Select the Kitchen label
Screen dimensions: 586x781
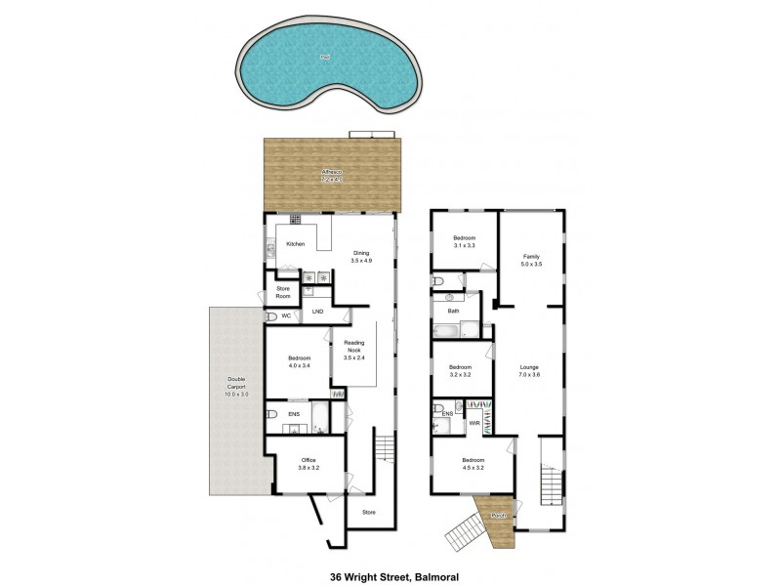(x=296, y=243)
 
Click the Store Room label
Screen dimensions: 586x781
(x=284, y=291)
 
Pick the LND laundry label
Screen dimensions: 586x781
(x=317, y=313)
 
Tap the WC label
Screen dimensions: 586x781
(x=286, y=316)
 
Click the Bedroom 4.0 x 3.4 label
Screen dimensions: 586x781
(x=298, y=361)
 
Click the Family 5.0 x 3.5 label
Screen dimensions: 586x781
(x=530, y=259)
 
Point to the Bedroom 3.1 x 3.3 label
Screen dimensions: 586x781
(x=464, y=242)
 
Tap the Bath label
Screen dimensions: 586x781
(x=453, y=312)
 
